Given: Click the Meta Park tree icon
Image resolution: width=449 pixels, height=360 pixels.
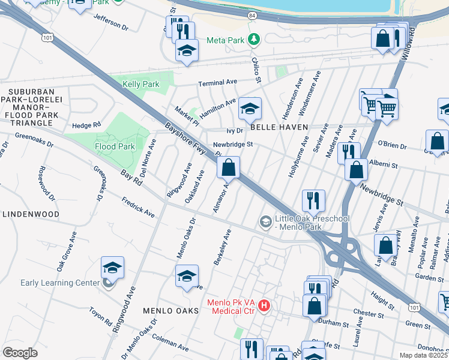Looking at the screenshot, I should (x=255, y=40).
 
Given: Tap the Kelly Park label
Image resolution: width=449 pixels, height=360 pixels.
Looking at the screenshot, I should (x=141, y=85).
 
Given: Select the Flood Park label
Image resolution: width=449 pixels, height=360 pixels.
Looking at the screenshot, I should (x=113, y=146).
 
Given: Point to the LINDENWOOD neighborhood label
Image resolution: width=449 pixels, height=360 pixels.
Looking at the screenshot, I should (x=31, y=214).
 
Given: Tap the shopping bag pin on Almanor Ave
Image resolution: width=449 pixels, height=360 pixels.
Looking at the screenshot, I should (x=228, y=169).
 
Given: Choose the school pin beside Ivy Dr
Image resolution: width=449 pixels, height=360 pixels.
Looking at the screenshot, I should (x=250, y=109).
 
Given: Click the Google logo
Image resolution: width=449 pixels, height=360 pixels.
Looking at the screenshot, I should (x=20, y=353).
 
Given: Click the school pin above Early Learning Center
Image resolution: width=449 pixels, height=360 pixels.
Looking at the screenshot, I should (x=112, y=268).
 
